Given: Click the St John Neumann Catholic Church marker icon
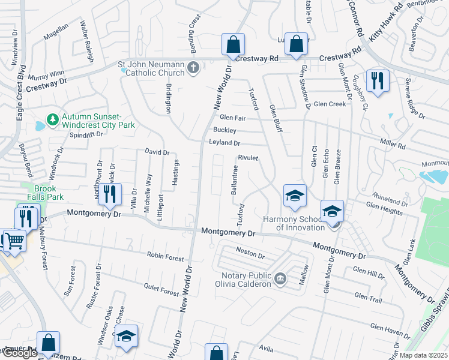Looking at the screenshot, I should pyautogui.click(x=193, y=67).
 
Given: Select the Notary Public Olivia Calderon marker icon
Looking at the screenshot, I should pyautogui.click(x=280, y=278).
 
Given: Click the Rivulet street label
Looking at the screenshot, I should pyautogui.click(x=248, y=158).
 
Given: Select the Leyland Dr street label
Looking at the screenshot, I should pyautogui.click(x=224, y=143).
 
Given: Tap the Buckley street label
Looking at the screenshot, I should pyautogui.click(x=224, y=130).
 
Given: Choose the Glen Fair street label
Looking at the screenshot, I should pyautogui.click(x=234, y=117).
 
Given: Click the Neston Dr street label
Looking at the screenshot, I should pyautogui.click(x=250, y=254).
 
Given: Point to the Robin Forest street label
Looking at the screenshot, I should pyautogui.click(x=165, y=257).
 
